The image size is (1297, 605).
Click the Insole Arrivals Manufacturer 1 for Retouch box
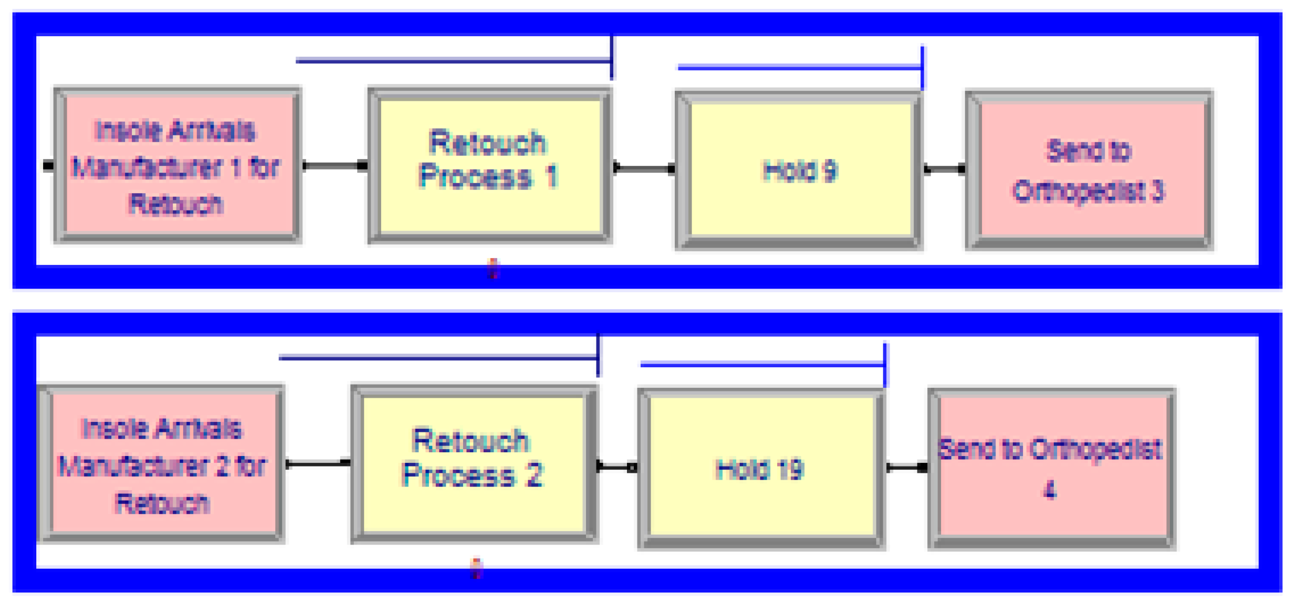(x=177, y=166)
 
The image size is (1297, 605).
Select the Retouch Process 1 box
(x=490, y=166)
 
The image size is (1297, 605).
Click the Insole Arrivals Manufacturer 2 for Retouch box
(x=162, y=464)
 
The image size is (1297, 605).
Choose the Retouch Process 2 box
(x=474, y=464)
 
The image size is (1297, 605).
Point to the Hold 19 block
(x=761, y=469)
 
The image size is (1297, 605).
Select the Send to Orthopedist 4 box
(x=1051, y=469)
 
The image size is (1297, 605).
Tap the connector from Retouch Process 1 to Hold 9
(x=644, y=168)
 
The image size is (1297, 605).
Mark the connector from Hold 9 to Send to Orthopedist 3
(x=944, y=169)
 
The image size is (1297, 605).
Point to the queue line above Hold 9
(x=799, y=67)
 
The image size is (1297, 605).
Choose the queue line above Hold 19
(x=761, y=364)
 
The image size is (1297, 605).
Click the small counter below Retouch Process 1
(x=493, y=268)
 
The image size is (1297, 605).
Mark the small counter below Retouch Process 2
(x=476, y=568)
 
